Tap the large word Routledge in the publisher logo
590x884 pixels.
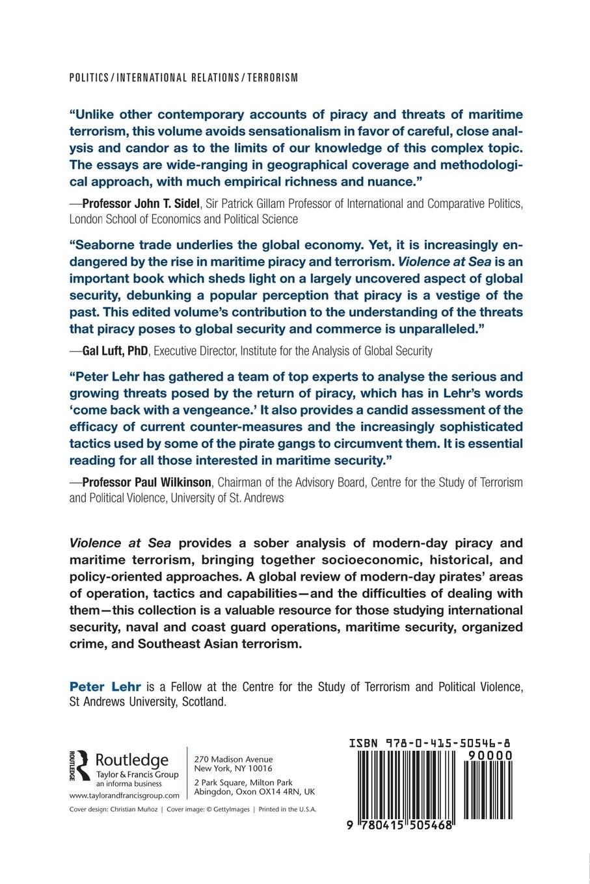(132, 759)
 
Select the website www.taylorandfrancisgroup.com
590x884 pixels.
(124, 796)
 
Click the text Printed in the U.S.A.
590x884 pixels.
(288, 810)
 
